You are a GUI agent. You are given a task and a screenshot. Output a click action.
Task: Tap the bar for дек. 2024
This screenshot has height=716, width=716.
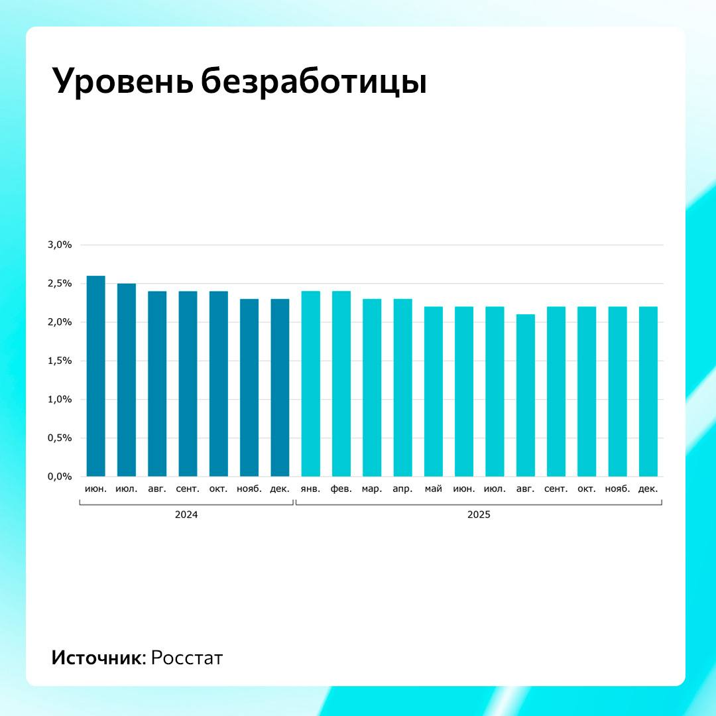tap(280, 388)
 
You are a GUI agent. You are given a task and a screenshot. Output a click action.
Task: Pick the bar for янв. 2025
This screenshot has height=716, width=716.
tap(310, 384)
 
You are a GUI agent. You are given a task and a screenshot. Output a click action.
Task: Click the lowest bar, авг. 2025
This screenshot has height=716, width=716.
tap(525, 395)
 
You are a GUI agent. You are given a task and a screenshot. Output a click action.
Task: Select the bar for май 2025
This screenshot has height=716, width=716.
tap(434, 391)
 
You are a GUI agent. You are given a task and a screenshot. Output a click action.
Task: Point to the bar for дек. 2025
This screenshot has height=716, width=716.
tap(648, 391)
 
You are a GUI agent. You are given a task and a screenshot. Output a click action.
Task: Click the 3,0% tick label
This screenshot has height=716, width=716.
tap(59, 245)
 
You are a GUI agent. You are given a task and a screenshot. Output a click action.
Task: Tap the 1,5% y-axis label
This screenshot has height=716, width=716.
tap(59, 361)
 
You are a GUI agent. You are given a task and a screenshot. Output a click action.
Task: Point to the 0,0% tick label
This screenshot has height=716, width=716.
tap(59, 477)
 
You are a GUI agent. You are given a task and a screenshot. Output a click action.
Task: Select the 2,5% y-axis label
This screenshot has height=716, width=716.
tap(59, 284)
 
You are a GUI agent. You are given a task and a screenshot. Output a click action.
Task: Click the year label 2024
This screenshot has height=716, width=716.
tap(186, 514)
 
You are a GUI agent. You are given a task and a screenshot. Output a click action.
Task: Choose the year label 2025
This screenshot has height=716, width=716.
tap(478, 514)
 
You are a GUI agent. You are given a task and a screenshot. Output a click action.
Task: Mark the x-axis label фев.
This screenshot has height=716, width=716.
tap(341, 489)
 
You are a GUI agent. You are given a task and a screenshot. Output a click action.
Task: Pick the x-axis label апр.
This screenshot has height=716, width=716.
tap(402, 489)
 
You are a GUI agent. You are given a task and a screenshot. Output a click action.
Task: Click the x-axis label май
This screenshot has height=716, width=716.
tap(434, 489)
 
